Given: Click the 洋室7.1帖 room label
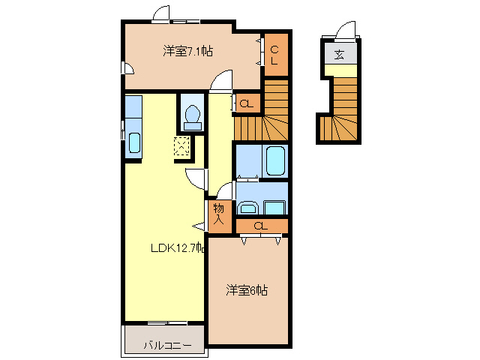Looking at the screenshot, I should coord(187,51).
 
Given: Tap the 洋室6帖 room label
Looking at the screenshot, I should coord(247,290).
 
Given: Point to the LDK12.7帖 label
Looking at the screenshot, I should coord(176,248).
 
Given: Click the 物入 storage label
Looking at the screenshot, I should coord(219,214).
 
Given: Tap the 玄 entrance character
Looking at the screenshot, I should coord(339,54).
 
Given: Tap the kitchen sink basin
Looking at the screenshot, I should coord(134,142).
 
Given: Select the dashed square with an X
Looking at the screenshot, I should coord(183,146).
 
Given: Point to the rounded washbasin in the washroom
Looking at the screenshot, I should coord(248,208).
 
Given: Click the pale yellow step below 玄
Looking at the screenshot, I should coord(339,70).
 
